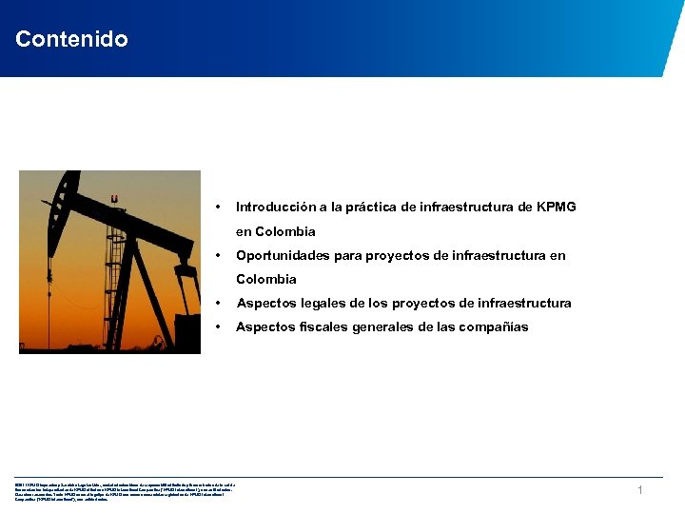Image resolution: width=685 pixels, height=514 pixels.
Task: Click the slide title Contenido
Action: click(71, 39)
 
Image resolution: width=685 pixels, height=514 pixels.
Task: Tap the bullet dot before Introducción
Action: click(219, 207)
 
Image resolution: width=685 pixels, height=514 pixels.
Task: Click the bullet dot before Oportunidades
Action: click(219, 255)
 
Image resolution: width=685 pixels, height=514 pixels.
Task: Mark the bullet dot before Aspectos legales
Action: click(219, 303)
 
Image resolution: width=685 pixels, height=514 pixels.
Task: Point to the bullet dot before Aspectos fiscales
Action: click(219, 326)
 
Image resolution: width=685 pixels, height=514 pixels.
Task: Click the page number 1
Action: click(640, 489)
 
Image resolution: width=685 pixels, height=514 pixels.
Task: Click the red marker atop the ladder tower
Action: click(115, 198)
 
